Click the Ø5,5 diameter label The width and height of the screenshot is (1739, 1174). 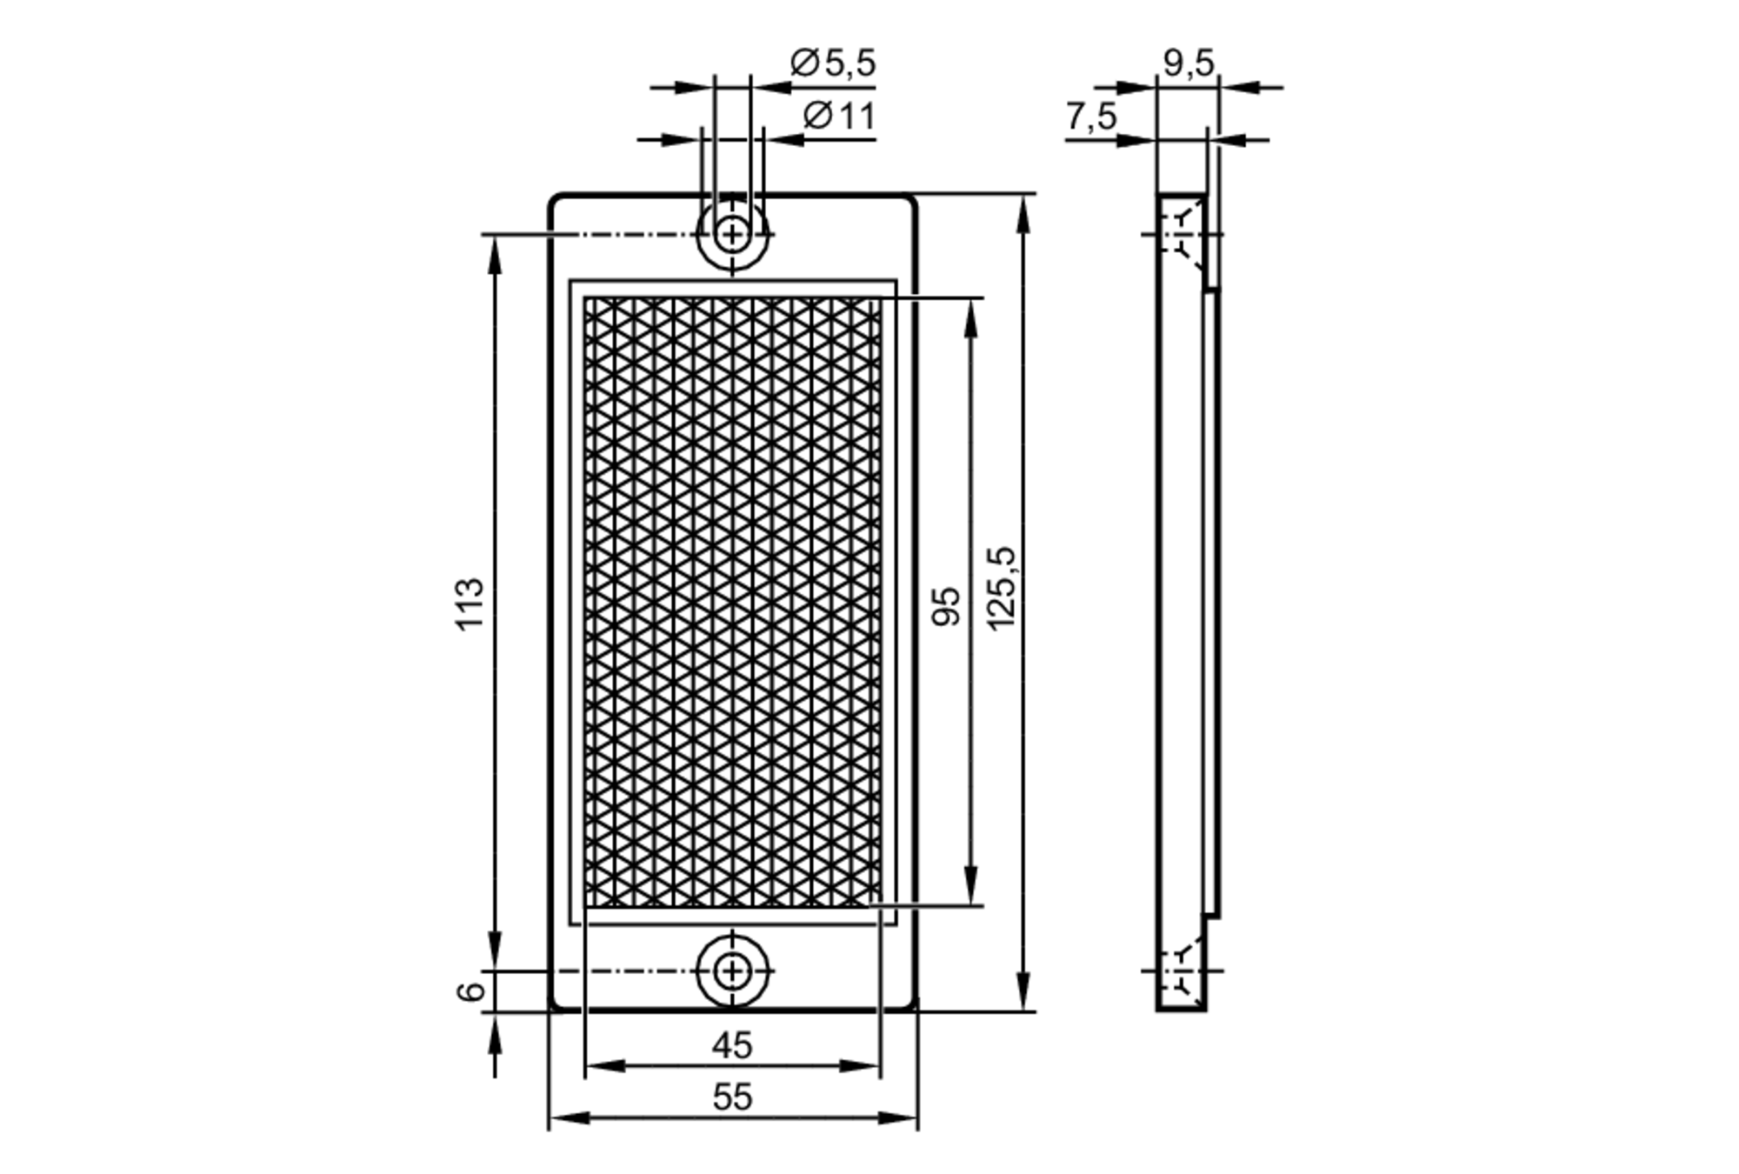click(832, 63)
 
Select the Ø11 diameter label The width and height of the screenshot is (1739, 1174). click(838, 116)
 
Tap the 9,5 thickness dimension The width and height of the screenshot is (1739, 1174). click(1188, 63)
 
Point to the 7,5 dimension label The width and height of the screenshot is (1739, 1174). click(1091, 117)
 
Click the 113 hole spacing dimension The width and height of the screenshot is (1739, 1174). click(470, 604)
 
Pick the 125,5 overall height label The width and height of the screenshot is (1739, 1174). click(1002, 589)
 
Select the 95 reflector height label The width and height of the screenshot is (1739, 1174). click(947, 605)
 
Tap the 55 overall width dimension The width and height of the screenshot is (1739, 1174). click(731, 1097)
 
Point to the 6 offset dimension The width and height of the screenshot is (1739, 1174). click(470, 991)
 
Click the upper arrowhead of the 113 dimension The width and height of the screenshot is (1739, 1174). click(496, 249)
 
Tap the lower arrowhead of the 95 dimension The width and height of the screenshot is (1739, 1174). click(972, 891)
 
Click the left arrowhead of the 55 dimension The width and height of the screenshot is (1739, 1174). click(563, 1117)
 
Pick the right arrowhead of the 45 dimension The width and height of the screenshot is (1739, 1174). click(866, 1066)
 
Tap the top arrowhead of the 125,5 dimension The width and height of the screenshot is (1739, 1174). click(1024, 209)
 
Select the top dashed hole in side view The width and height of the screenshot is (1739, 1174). click(1182, 234)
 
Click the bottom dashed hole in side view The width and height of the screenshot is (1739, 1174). click(1182, 971)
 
